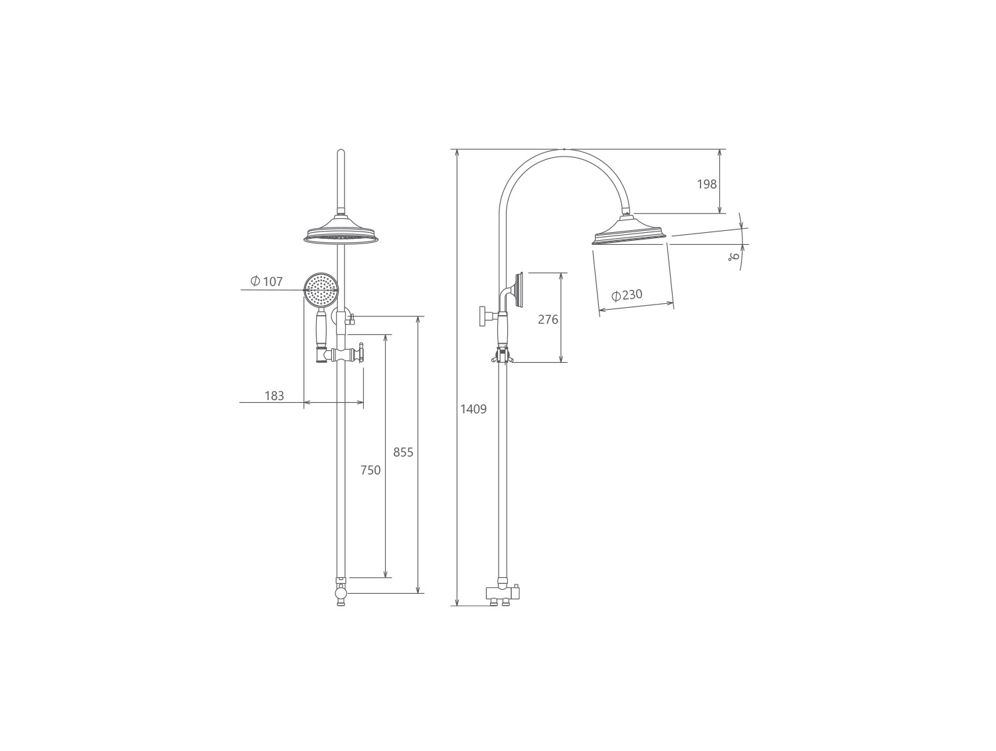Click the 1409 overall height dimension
point(473,409)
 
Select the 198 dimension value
point(707,184)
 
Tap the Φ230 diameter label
point(627,295)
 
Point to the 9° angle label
point(734,257)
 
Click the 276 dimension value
point(548,320)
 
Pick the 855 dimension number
point(404,452)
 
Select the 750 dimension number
point(371,470)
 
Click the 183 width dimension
point(274,395)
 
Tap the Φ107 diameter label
point(267,281)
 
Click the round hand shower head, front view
point(321,290)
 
